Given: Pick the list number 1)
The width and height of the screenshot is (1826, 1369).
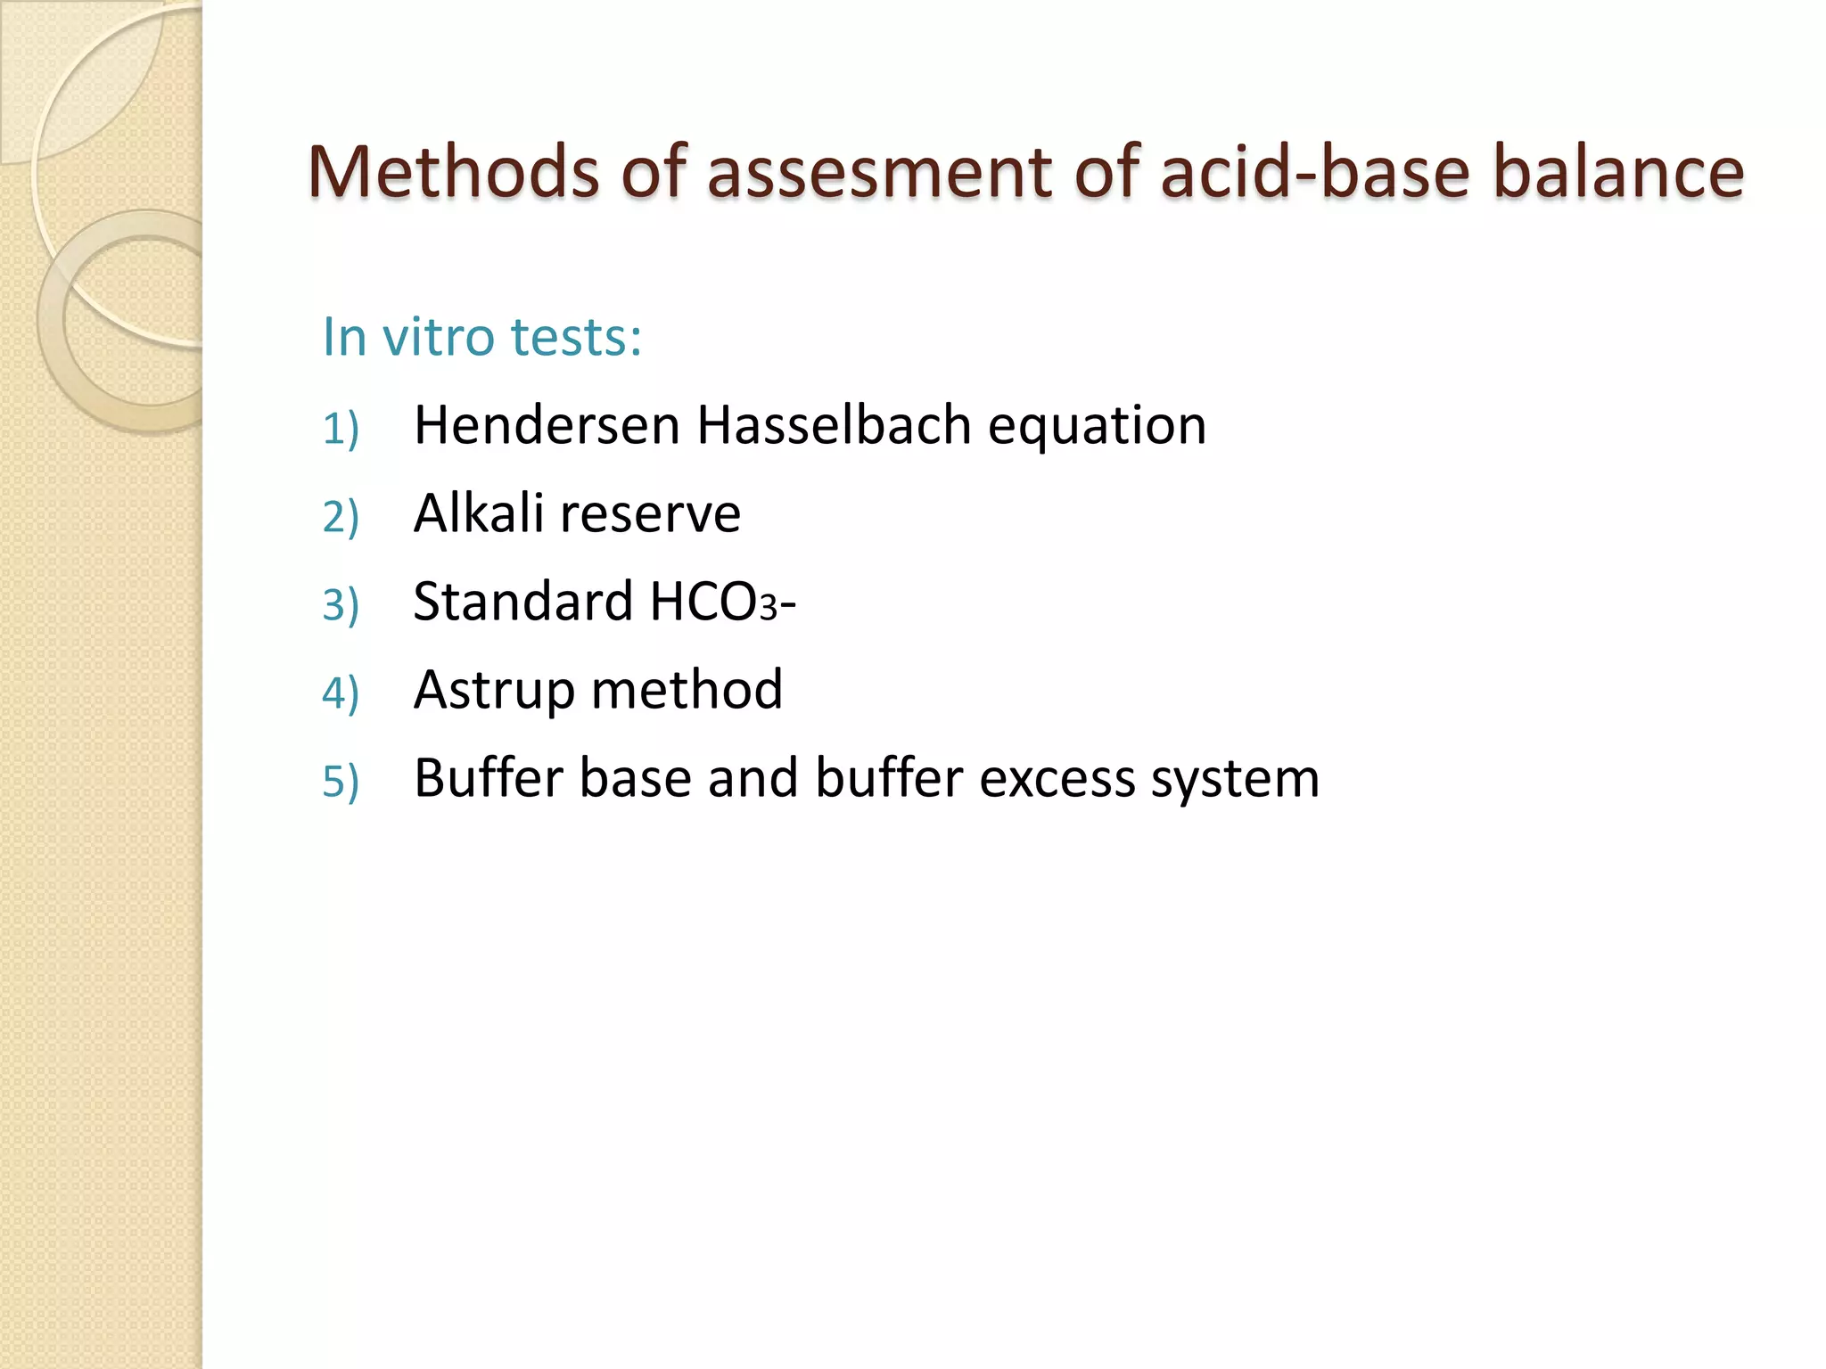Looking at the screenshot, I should coord(341,428).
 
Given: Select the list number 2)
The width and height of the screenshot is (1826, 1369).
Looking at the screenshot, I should coord(341,517).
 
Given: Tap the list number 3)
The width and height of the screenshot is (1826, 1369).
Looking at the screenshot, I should coord(341,605).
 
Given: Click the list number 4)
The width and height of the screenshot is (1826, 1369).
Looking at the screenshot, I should coord(341,693).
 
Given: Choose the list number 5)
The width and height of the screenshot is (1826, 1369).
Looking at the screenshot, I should coord(341,782).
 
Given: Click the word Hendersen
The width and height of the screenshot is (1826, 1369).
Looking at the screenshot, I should coord(547,424).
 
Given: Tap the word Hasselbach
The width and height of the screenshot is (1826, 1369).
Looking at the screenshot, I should coord(834,424).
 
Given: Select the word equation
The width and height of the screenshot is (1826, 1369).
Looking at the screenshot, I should coord(1097,426).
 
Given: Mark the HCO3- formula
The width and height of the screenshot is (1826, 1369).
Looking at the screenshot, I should coord(722,602).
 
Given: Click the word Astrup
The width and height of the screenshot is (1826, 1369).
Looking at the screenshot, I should coord(494,691).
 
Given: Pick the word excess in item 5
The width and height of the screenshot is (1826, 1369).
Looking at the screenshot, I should coord(1057,778).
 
